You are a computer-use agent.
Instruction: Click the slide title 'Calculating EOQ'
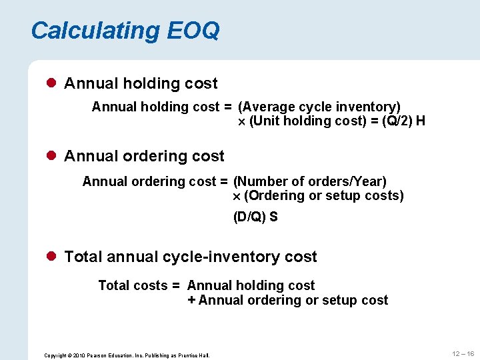pyautogui.click(x=125, y=31)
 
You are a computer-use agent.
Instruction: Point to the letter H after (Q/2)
pyautogui.click(x=421, y=121)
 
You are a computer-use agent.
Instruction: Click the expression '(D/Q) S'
pyautogui.click(x=255, y=217)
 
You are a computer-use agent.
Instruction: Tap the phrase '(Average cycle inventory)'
pyautogui.click(x=319, y=107)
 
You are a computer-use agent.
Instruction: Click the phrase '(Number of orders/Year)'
pyautogui.click(x=310, y=181)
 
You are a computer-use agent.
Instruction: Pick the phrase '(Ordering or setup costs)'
pyautogui.click(x=324, y=195)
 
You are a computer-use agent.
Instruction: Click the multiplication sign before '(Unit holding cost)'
pyautogui.click(x=243, y=122)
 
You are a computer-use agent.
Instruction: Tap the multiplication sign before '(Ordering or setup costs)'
pyautogui.click(x=237, y=197)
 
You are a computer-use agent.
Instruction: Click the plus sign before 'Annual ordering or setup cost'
pyautogui.click(x=191, y=300)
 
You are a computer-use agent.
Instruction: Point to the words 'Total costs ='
pyautogui.click(x=139, y=285)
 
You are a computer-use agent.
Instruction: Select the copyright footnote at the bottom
pyautogui.click(x=127, y=355)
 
